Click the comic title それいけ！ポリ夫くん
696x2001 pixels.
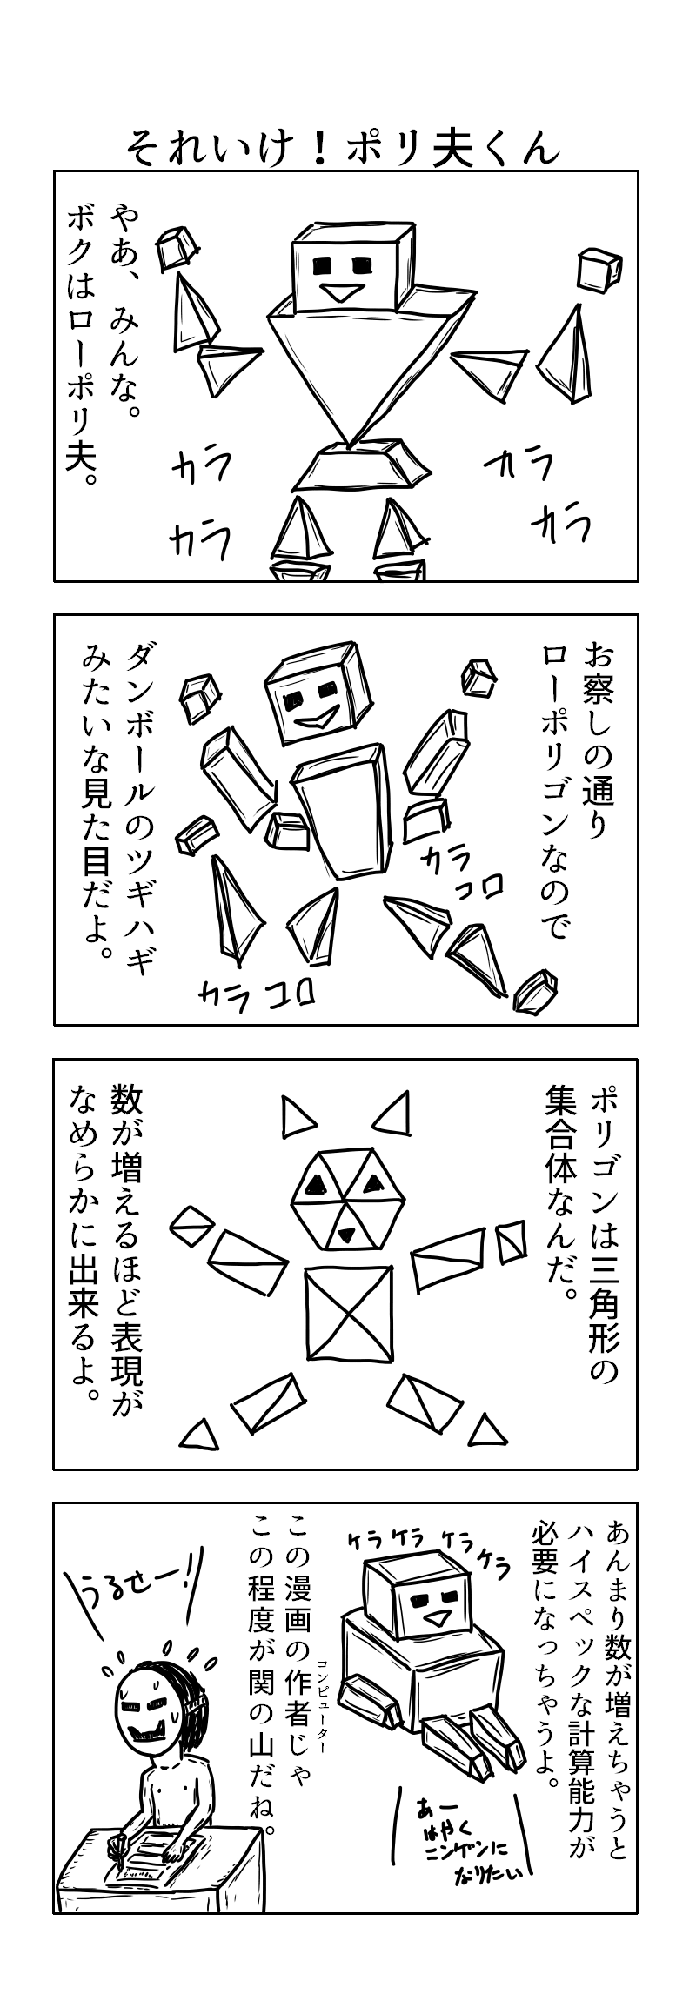tap(342, 146)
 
